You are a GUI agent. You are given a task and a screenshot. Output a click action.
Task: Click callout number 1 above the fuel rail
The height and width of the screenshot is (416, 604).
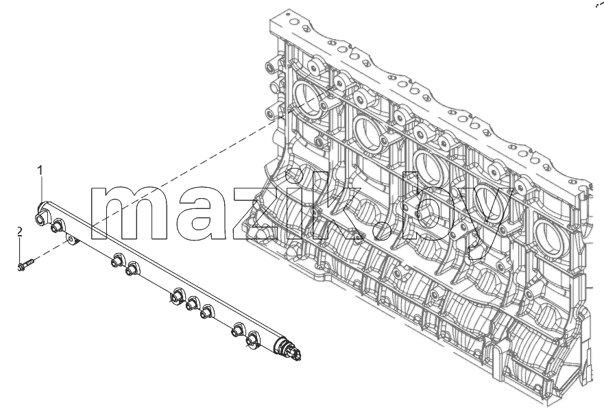[40, 170]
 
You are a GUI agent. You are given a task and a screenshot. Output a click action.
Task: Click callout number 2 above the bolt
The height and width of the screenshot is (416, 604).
[20, 232]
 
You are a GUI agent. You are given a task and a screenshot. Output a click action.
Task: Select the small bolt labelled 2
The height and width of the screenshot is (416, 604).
[25, 265]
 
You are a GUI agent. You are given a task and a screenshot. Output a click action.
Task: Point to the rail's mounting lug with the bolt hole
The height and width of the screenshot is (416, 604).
[72, 240]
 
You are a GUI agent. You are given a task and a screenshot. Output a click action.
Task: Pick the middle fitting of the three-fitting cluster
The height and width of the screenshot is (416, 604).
[192, 304]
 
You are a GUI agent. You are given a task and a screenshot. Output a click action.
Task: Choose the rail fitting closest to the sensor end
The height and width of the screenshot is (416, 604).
[252, 340]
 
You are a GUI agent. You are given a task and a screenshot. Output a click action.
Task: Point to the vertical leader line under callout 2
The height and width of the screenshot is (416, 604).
[20, 249]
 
